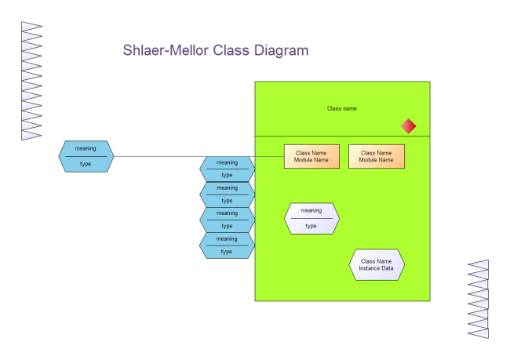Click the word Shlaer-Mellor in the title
pos(166,51)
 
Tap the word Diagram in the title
pos(280,51)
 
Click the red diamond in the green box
pos(408,125)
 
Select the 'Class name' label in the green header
pos(342,108)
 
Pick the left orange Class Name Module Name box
pos(311,156)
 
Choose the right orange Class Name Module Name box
pos(376,156)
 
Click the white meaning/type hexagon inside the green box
pos(311,218)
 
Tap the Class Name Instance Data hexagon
pos(376,264)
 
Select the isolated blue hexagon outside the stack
pos(86,155)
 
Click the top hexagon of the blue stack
pos(227,169)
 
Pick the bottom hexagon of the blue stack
pos(227,245)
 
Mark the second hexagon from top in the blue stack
pos(227,194)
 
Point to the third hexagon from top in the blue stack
pos(227,219)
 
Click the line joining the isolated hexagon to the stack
pos(157,156)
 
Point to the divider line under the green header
pos(342,136)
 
